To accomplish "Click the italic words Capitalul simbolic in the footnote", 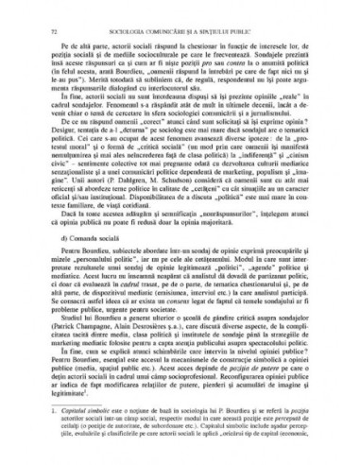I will pyautogui.click(x=68, y=407).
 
